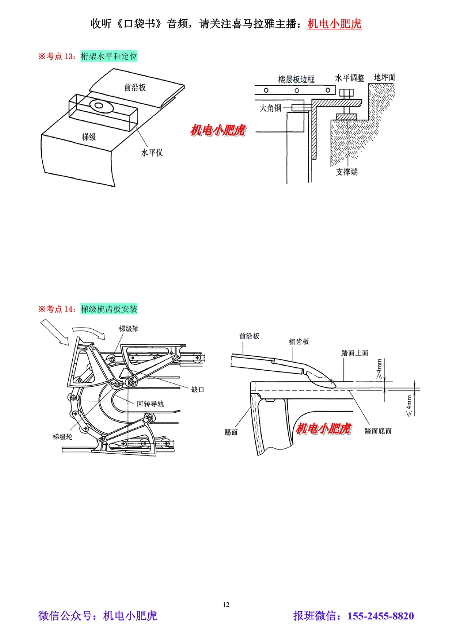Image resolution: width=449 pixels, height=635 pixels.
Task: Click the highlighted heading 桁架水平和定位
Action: pyautogui.click(x=109, y=56)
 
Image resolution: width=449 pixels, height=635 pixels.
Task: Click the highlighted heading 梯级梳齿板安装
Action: pyautogui.click(x=109, y=309)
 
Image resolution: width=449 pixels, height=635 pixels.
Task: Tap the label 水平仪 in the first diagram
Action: pyautogui.click(x=152, y=153)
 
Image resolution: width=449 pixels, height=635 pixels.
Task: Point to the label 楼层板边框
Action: pyautogui.click(x=296, y=79)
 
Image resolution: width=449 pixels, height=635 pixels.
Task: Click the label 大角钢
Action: pyautogui.click(x=270, y=108)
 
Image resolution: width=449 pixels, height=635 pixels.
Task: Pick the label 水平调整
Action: pyautogui.click(x=349, y=78)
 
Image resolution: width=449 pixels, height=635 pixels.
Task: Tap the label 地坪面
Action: pyautogui.click(x=385, y=78)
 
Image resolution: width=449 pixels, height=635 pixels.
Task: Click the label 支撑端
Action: pyautogui.click(x=347, y=171)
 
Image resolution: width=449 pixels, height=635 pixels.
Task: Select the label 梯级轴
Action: pyautogui.click(x=128, y=328)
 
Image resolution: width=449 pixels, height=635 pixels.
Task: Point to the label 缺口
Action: pyautogui.click(x=198, y=390)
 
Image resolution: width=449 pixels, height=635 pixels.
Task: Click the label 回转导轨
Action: pyautogui.click(x=150, y=403)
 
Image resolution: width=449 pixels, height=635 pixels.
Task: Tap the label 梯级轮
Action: pyautogui.click(x=62, y=436)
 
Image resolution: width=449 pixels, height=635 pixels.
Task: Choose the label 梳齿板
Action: pyautogui.click(x=299, y=342)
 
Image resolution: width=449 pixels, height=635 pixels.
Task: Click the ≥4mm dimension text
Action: pyautogui.click(x=379, y=369)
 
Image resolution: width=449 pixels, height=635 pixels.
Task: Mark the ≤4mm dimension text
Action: pyautogui.click(x=409, y=405)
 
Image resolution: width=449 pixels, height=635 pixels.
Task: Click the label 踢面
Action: pyautogui.click(x=231, y=432)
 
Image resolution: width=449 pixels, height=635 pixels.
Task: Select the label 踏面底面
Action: pyautogui.click(x=378, y=431)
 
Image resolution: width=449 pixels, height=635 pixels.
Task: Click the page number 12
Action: pyautogui.click(x=226, y=604)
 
